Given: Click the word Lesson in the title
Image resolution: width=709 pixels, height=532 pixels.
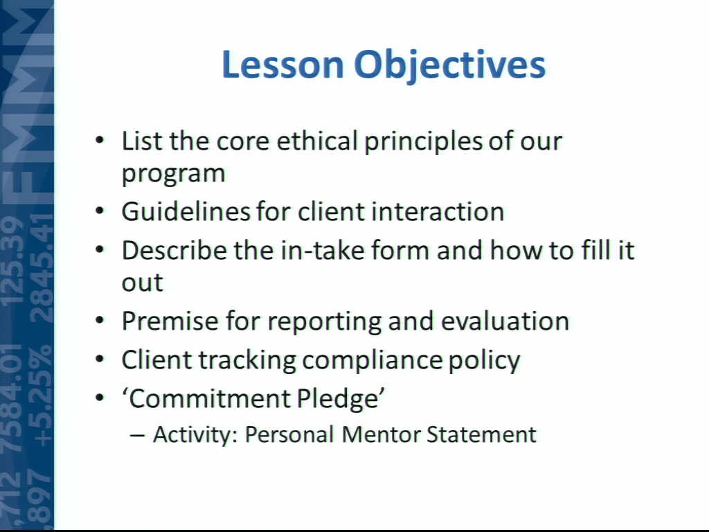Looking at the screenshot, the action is (x=282, y=64).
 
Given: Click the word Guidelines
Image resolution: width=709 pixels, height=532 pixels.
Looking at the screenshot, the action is (x=186, y=211).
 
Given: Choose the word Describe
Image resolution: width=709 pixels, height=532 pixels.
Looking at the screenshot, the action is (x=174, y=250).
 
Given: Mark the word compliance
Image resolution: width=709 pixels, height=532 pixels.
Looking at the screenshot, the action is (x=372, y=361).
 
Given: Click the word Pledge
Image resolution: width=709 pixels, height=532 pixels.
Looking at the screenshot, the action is (x=341, y=399).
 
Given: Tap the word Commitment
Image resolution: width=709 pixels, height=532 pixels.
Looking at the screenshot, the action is (x=207, y=398).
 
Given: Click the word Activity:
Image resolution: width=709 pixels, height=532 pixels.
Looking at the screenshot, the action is (x=195, y=435).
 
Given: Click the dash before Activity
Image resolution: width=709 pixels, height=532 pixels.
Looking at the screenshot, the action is (x=137, y=435).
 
